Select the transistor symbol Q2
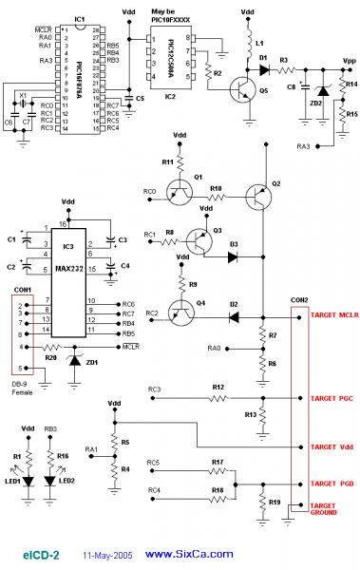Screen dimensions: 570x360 [x=259, y=197]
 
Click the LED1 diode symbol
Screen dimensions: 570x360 [x=28, y=482]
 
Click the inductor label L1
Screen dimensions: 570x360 [x=262, y=44]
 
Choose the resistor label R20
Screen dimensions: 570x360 [x=52, y=358]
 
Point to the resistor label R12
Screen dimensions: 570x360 [x=218, y=387]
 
